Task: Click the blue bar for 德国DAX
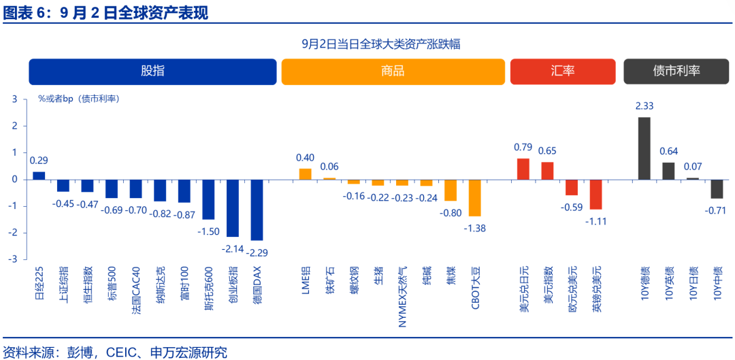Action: pyautogui.click(x=257, y=210)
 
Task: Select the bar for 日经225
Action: pyautogui.click(x=39, y=176)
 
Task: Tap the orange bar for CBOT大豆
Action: pyautogui.click(x=474, y=197)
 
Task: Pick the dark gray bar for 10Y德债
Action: pyautogui.click(x=644, y=148)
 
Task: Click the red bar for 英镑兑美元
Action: pyautogui.click(x=595, y=194)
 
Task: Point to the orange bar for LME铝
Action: pyautogui.click(x=305, y=174)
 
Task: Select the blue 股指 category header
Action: pyautogui.click(x=152, y=71)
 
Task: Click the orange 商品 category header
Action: pyautogui.click(x=393, y=71)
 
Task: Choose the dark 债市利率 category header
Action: pyautogui.click(x=676, y=71)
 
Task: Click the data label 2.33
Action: pyautogui.click(x=644, y=106)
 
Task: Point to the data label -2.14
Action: pyautogui.click(x=232, y=249)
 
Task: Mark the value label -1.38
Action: pyautogui.click(x=474, y=228)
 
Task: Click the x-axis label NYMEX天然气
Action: pyautogui.click(x=402, y=296)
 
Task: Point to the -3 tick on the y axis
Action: pyautogui.click(x=15, y=259)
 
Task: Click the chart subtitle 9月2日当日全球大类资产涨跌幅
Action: pyautogui.click(x=381, y=44)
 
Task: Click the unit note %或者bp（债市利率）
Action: pyautogui.click(x=78, y=99)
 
